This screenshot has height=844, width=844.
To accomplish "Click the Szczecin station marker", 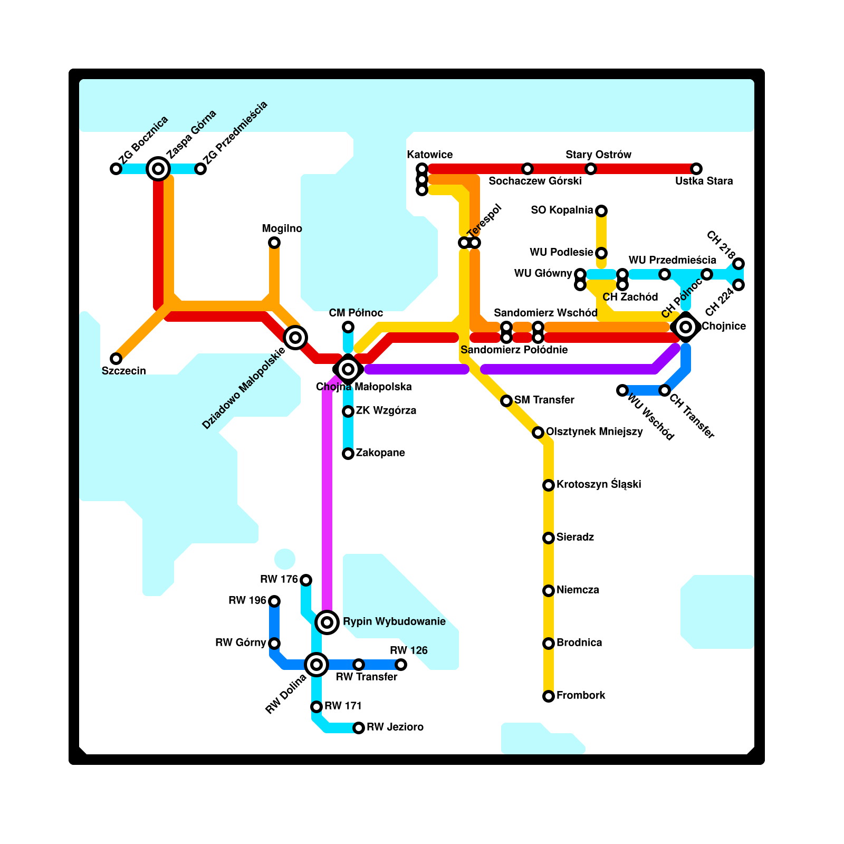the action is pos(116,359).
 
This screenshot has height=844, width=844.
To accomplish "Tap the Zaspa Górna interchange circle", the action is pos(158,169).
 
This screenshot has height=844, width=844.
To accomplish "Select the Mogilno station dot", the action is pos(274,243).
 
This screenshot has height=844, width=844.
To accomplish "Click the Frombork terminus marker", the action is pos(549,696).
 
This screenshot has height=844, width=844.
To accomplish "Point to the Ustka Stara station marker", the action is pos(696,169).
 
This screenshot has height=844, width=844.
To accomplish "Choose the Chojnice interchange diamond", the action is pos(686,327).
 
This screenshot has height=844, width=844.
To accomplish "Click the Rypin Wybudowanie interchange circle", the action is pos(327,622).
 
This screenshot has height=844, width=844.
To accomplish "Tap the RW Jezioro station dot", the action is pos(359,728).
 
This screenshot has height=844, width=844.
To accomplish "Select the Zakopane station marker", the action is pos(348,454).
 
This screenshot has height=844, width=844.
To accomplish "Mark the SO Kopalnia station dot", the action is pos(601,211).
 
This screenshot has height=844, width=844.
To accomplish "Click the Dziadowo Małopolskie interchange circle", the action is pos(295,338).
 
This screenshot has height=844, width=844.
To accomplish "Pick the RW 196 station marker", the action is pos(274,601).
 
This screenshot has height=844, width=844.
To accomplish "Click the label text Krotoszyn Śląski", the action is pos(599,484).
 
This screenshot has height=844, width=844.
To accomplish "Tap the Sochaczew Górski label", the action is pos(535,181).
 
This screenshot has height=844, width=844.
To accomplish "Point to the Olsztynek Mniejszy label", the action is pos(594,431).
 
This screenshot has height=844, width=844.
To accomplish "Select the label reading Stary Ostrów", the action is pos(598,155).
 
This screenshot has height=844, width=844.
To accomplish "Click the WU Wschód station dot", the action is pos(622,390).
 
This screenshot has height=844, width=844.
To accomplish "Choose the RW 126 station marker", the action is pos(401,665).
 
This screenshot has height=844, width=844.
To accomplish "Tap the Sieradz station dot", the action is pos(549,538).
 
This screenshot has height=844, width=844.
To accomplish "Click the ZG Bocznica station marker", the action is pos(116,169).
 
